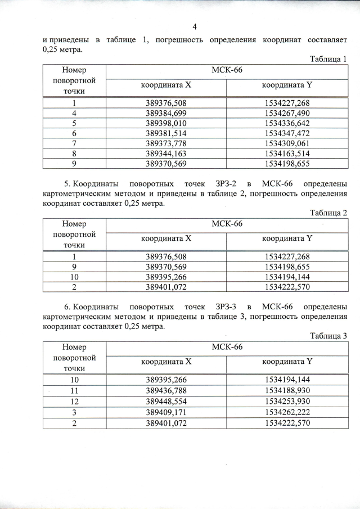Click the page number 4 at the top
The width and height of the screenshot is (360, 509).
coord(194,26)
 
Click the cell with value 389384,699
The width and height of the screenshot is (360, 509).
coord(166,113)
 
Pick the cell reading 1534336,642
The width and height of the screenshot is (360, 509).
coord(287,123)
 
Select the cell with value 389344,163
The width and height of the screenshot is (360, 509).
coord(166,154)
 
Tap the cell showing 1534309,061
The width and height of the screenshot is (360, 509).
coord(287,143)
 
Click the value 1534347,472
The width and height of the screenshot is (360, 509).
coord(287,133)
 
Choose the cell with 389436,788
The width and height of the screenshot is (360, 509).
coord(166,390)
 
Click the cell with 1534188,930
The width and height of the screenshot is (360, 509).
coord(287,390)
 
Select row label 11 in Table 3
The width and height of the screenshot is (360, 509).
coord(74,390)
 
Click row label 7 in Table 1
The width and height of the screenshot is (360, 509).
coord(74,143)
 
